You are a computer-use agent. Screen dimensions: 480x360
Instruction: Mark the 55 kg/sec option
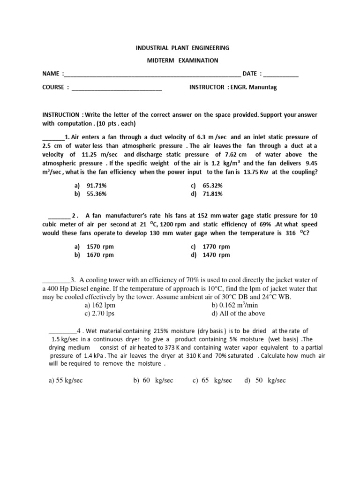[66, 381]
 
